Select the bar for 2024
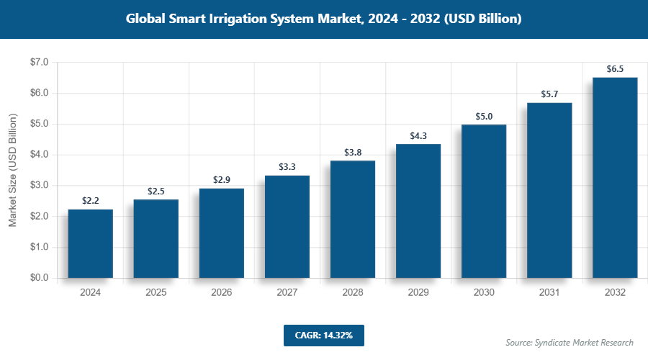tap(91, 243)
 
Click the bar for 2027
tap(287, 226)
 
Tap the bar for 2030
tap(484, 201)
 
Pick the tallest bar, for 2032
tap(615, 177)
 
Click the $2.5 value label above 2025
tap(156, 191)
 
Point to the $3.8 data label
tap(353, 152)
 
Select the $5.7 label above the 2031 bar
tap(549, 94)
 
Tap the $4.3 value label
tap(418, 135)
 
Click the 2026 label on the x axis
tap(222, 293)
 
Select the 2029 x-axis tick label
tap(418, 293)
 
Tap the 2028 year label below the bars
tap(353, 293)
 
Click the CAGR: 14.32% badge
tap(323, 335)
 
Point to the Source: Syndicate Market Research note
tap(570, 343)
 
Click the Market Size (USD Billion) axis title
tap(12, 171)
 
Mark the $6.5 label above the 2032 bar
tap(615, 69)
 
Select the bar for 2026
tap(222, 233)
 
